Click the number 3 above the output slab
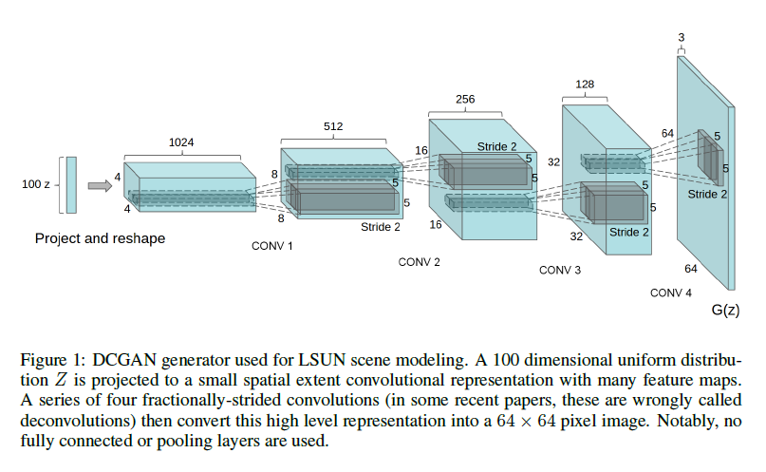[682, 37]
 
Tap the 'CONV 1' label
[272, 246]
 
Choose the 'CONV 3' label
[559, 271]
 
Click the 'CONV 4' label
[671, 293]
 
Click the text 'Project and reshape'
[100, 238]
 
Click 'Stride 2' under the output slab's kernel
[708, 194]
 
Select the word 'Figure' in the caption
[41, 360]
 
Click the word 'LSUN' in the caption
[275, 360]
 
